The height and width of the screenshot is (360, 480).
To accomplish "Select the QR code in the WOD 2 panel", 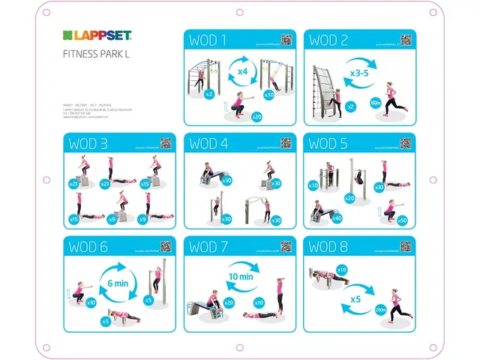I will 405,40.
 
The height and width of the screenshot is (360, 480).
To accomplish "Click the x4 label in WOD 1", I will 243,70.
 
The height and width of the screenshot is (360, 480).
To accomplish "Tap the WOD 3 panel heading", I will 88,143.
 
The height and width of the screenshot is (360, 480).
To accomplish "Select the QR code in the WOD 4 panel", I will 285,142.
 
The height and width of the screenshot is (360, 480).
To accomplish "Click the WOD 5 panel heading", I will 328,143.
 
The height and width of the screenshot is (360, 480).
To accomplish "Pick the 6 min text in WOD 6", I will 118,283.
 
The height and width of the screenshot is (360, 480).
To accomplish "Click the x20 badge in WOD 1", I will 256,116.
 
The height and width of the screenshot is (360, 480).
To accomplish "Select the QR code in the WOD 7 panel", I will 285,246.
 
